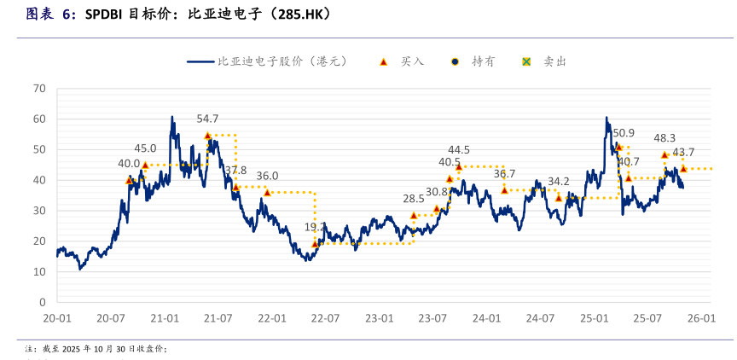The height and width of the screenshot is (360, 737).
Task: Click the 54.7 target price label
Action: [x=207, y=119]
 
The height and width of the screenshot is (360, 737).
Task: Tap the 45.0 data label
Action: [x=145, y=148]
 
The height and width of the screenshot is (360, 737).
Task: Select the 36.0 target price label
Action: [x=267, y=176]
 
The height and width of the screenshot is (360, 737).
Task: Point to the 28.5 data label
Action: [x=414, y=199]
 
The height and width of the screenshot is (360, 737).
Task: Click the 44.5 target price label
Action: [x=459, y=150]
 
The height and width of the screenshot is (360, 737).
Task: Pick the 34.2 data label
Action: [x=559, y=181]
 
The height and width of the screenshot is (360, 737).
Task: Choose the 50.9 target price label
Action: [x=624, y=132]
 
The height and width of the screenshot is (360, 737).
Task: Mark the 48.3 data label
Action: [x=664, y=137]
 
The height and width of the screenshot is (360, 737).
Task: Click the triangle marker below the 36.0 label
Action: [x=267, y=192]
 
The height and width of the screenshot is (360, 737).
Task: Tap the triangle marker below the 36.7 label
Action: [x=504, y=189]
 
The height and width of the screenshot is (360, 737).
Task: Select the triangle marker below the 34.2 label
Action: [x=559, y=197]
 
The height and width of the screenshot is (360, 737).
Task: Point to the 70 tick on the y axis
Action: [x=38, y=88]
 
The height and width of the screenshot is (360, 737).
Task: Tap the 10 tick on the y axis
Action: [x=38, y=271]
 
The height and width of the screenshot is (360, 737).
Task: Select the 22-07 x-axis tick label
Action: [x=325, y=318]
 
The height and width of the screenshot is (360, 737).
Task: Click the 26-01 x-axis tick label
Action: [x=701, y=318]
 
